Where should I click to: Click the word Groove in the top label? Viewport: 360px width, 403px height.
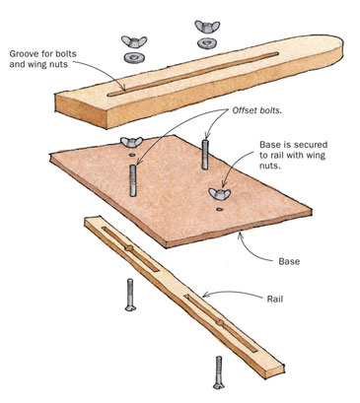pyautogui.click(x=22, y=53)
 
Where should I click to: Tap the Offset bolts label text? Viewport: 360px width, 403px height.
pyautogui.click(x=257, y=110)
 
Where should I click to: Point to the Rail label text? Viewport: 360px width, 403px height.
pyautogui.click(x=275, y=299)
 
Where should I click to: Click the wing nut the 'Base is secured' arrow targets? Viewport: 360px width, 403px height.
pyautogui.click(x=220, y=193)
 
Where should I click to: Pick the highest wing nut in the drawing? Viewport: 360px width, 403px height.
pyautogui.click(x=207, y=27)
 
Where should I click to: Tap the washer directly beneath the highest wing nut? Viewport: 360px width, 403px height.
pyautogui.click(x=207, y=43)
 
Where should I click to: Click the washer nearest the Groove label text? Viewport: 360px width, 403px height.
pyautogui.click(x=134, y=58)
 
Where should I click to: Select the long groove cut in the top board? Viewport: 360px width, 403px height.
pyautogui.click(x=193, y=74)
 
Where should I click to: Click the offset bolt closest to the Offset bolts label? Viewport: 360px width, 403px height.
pyautogui.click(x=205, y=155)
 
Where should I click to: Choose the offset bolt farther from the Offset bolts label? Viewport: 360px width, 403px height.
pyautogui.click(x=133, y=180)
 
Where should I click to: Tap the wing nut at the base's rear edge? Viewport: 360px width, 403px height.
pyautogui.click(x=131, y=142)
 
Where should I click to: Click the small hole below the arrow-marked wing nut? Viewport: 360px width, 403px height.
pyautogui.click(x=219, y=209)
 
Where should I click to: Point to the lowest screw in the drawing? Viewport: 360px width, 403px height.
pyautogui.click(x=219, y=372)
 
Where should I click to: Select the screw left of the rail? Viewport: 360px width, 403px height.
pyautogui.click(x=130, y=295)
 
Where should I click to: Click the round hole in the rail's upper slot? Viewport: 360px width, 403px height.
pyautogui.click(x=129, y=248)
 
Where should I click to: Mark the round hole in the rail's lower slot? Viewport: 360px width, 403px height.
pyautogui.click(x=220, y=323)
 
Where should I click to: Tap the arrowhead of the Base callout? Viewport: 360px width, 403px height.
pyautogui.click(x=242, y=235)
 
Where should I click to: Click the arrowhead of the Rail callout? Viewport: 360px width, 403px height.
pyautogui.click(x=205, y=296)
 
